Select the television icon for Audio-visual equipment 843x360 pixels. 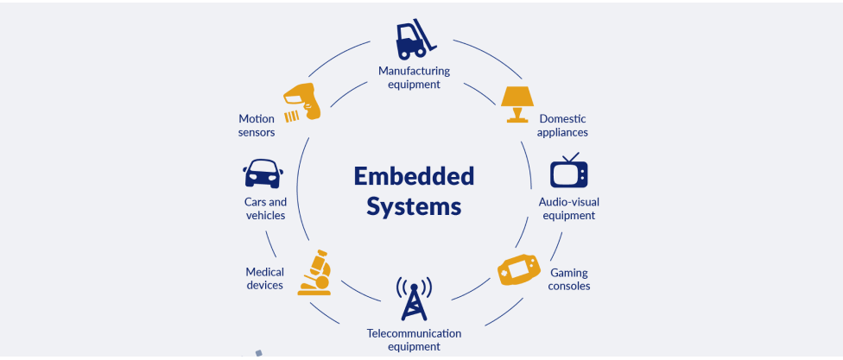pos(569,172)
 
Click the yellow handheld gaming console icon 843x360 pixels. pos(519,270)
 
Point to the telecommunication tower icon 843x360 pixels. pos(414,299)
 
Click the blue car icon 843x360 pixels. pos(263,174)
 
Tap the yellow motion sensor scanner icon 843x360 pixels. pos(302,103)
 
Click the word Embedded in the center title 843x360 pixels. pos(414,176)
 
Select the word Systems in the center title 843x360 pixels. pos(414,207)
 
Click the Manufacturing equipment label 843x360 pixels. pos(414,78)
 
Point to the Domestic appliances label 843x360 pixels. pos(563,125)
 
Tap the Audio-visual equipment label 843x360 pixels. pos(569,209)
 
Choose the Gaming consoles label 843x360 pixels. pos(569,279)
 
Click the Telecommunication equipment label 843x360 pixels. pos(414,339)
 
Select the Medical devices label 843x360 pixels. pos(264,278)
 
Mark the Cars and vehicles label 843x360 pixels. pos(265,208)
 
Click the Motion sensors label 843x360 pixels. pos(257,125)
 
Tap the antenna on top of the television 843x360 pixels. pos(570,156)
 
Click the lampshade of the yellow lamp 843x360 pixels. pos(517,94)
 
